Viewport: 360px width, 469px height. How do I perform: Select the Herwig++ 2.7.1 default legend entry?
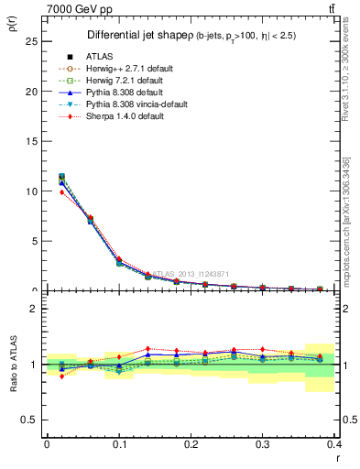point(124,69)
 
